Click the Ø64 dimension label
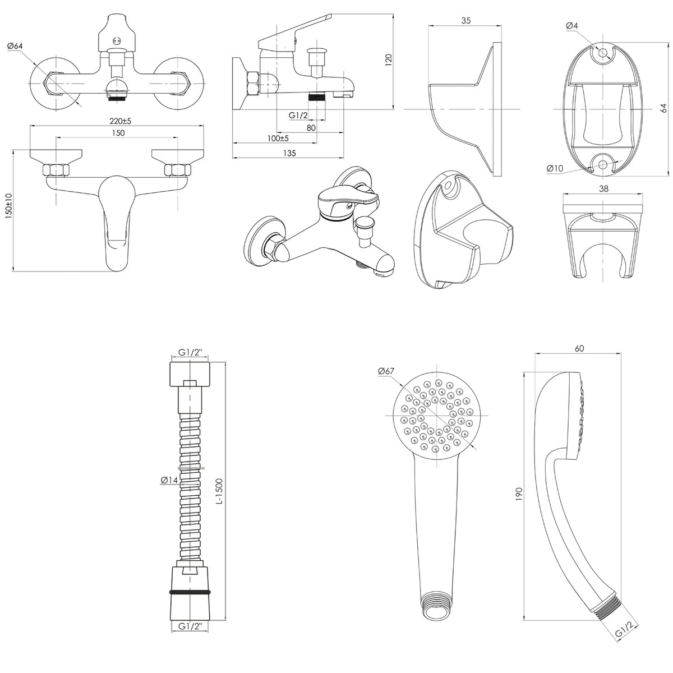[x=15, y=46]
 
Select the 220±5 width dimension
[x=120, y=121]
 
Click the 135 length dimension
[x=289, y=153]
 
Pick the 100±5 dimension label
[x=278, y=139]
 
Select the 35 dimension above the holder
[x=466, y=21]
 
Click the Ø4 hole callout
[x=572, y=25]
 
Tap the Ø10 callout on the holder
[x=555, y=168]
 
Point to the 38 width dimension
[x=603, y=188]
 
